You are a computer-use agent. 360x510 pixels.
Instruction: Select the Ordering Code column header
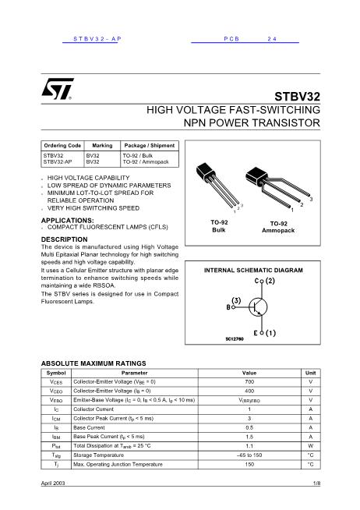tap(62, 146)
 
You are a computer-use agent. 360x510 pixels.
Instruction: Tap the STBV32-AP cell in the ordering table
tap(59, 162)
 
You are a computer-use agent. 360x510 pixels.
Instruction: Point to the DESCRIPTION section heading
tap(65, 239)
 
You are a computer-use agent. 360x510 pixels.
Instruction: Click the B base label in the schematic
tap(228, 307)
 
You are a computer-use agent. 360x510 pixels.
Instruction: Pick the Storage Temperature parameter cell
tap(94, 454)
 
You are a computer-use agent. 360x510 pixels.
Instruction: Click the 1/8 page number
tap(316, 486)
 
